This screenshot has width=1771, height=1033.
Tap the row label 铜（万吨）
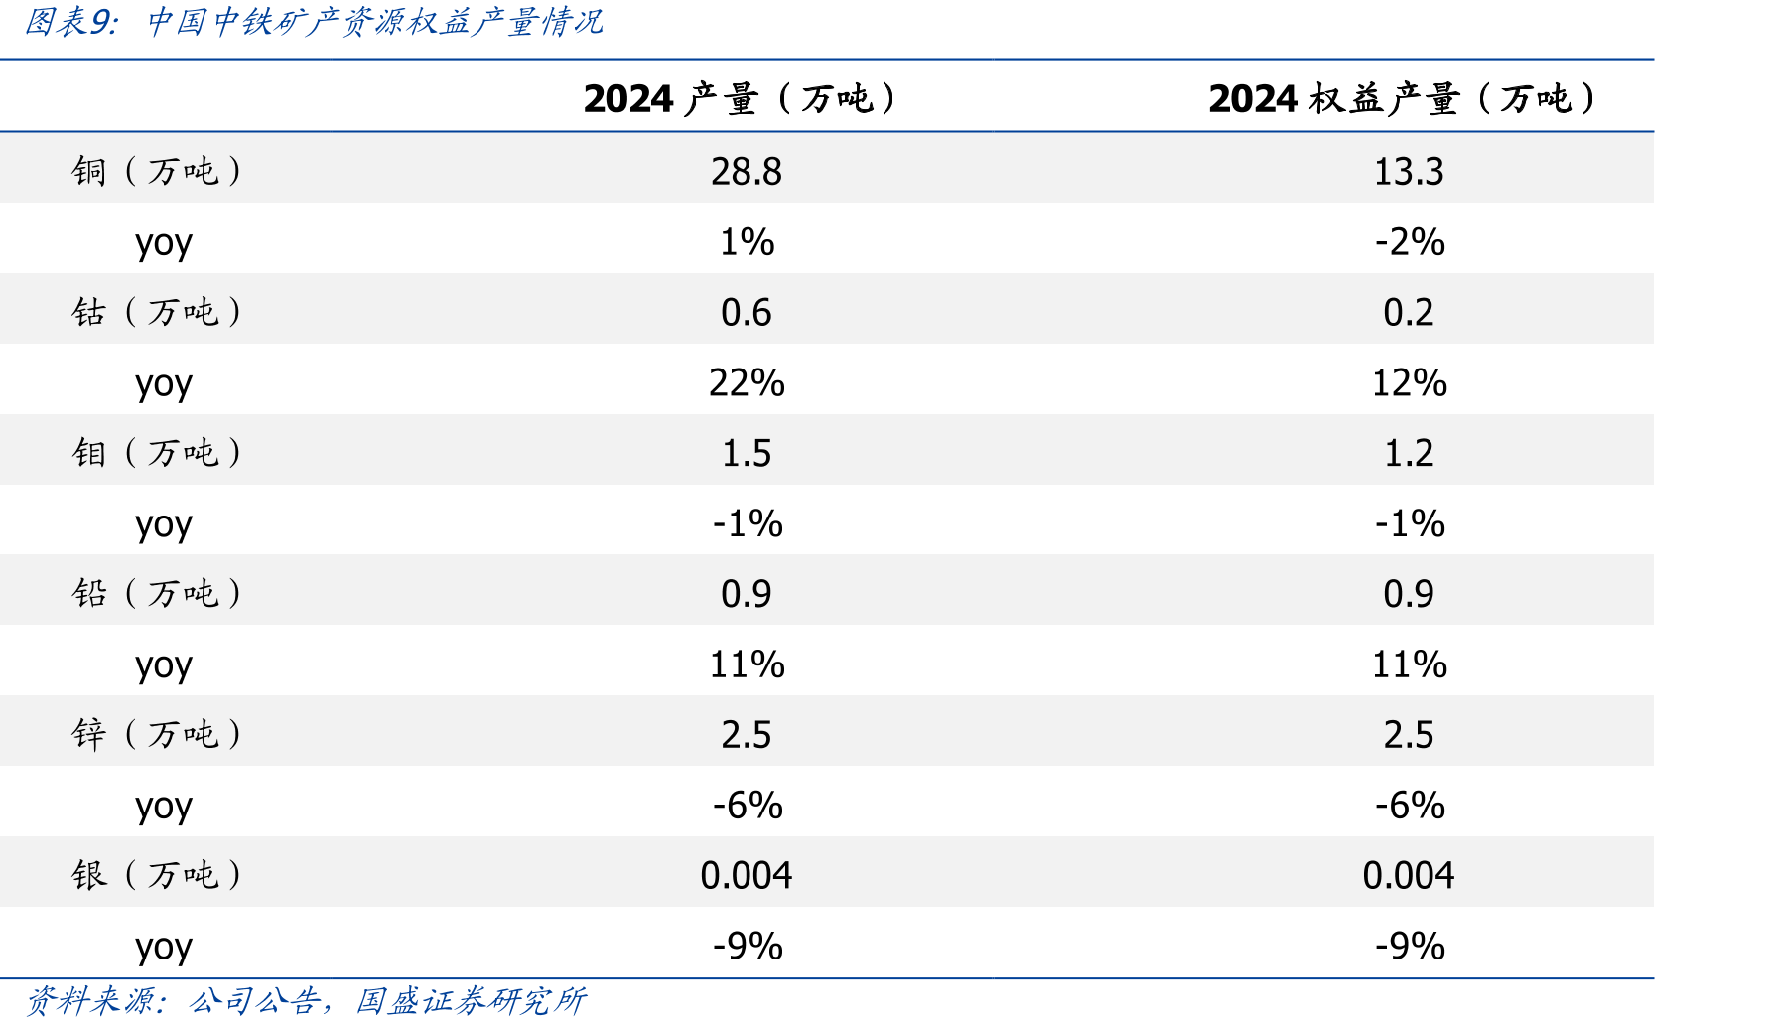[x=157, y=171]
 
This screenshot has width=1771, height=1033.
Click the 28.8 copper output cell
[x=747, y=172]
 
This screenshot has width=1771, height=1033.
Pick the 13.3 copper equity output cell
[x=1409, y=172]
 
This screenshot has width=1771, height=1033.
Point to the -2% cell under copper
[x=1410, y=242]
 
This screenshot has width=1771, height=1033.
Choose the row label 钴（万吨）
[x=157, y=312]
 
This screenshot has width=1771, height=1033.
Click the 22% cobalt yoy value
[x=747, y=383]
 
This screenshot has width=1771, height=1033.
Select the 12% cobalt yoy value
[x=1410, y=383]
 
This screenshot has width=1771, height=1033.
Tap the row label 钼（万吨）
[x=157, y=453]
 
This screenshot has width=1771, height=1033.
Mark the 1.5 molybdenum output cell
[x=747, y=454]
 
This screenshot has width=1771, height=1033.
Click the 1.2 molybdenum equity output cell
[x=1409, y=454]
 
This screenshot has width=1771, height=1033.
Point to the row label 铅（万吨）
[x=157, y=594]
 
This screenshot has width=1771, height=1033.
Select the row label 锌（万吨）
[x=157, y=735]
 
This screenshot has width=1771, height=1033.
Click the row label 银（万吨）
[x=157, y=876]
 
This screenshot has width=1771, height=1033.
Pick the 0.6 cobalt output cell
[x=747, y=313]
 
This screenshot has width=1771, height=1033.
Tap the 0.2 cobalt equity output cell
[x=1409, y=313]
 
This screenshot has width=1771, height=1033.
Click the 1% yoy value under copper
[x=747, y=242]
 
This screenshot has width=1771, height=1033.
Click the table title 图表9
[x=70, y=22]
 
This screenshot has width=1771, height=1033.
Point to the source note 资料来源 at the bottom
[x=92, y=1001]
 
